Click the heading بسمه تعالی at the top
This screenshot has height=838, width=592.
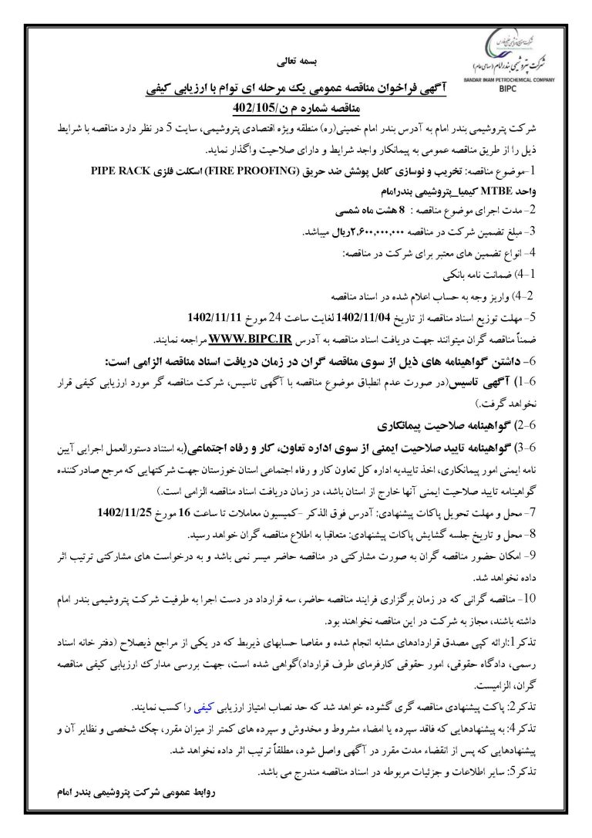(295, 59)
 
